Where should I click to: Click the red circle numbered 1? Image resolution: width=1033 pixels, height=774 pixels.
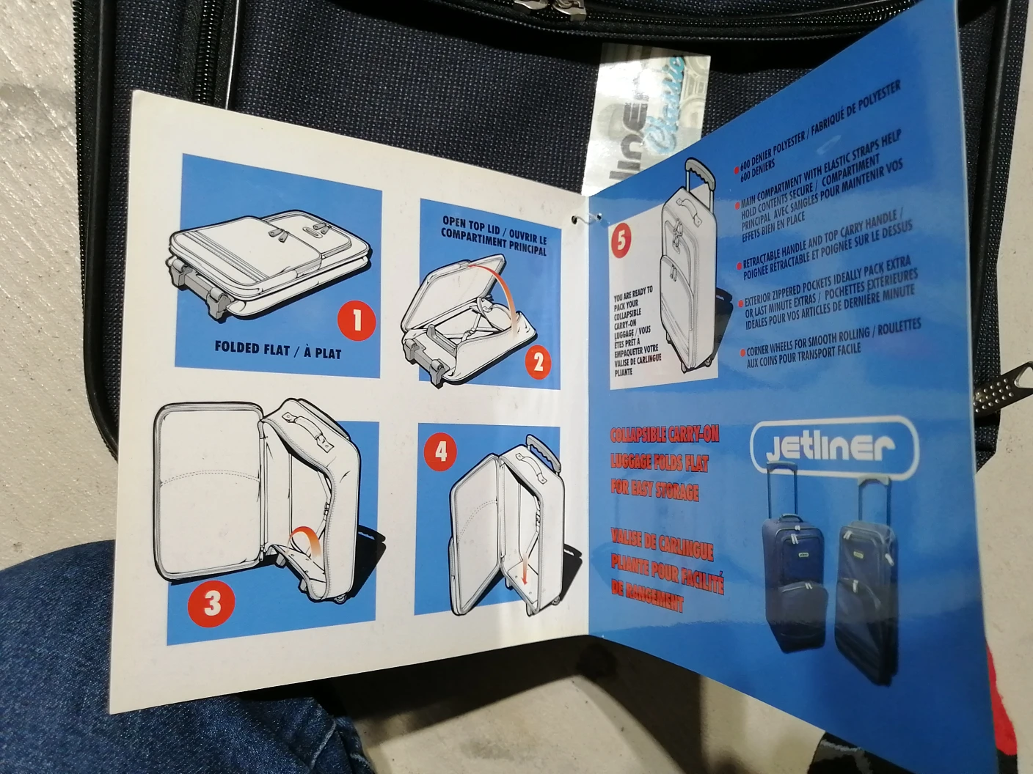coord(357,320)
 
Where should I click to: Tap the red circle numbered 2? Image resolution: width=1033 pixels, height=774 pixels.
coord(538,361)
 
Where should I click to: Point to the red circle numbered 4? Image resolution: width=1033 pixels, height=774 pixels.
coord(441,450)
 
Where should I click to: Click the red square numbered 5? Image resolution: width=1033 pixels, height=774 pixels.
coord(621,241)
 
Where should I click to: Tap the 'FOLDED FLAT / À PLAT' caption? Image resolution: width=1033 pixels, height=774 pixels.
coord(277,350)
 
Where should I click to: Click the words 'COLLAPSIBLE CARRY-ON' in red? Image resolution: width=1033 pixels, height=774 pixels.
coord(665,435)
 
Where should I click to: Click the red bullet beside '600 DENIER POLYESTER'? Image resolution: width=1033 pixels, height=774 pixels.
coord(737,169)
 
